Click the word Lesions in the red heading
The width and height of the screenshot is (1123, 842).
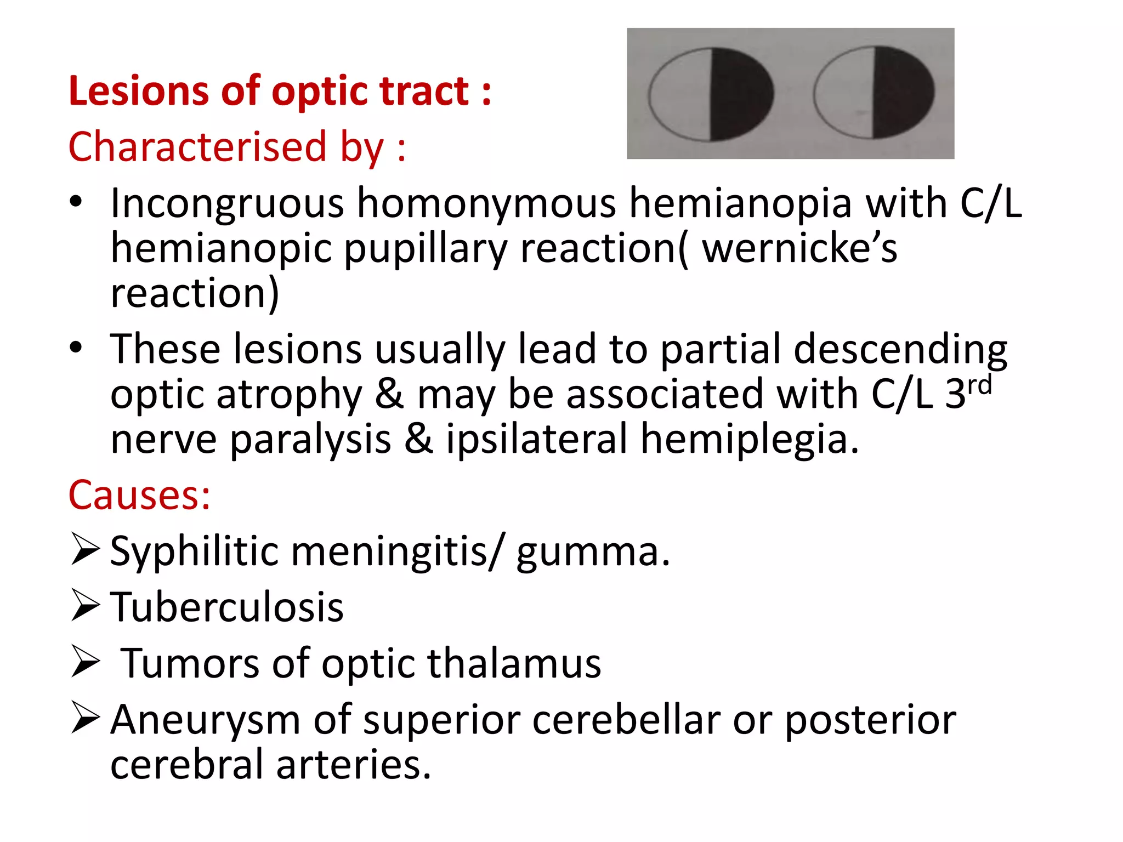[x=138, y=91]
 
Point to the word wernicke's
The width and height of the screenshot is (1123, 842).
[x=800, y=248]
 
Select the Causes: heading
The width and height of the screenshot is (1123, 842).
[x=139, y=495]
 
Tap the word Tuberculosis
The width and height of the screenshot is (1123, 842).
[x=227, y=607]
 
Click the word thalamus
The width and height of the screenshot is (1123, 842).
[x=514, y=663]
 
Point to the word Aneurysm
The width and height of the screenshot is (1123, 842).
[x=205, y=719]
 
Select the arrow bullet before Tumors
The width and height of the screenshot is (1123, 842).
[x=85, y=662]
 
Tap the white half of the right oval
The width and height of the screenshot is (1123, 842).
[x=844, y=93]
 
